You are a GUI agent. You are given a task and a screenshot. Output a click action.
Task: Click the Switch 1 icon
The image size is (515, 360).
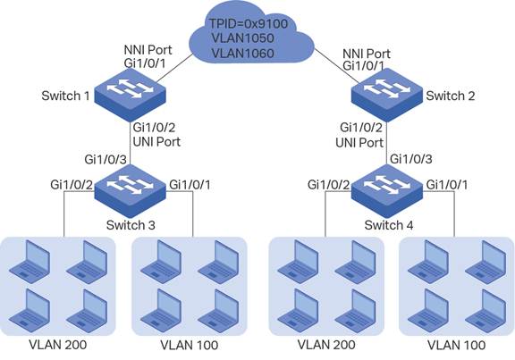(130, 95)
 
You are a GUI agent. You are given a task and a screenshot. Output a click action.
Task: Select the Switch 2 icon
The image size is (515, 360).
(387, 95)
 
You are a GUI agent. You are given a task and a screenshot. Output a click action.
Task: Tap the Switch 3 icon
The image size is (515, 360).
(130, 191)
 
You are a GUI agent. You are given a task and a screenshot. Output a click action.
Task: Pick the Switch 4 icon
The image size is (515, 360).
(387, 191)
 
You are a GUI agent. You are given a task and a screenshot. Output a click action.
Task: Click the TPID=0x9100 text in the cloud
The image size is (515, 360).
(249, 23)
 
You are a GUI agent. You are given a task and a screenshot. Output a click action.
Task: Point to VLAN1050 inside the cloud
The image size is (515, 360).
(242, 38)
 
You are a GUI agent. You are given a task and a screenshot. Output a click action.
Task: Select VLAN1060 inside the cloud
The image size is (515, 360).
(242, 54)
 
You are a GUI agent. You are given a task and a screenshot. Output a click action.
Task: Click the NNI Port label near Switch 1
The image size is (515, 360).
(148, 50)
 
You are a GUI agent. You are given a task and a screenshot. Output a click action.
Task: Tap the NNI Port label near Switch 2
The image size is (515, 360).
(367, 54)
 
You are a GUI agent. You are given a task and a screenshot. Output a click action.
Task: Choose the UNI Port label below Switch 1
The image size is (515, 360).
(156, 142)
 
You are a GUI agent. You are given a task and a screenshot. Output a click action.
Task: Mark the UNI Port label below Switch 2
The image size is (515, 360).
(359, 143)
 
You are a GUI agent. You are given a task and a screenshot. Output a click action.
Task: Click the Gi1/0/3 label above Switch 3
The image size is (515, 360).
(106, 160)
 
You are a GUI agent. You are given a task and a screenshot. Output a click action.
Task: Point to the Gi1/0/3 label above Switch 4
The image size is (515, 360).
(411, 159)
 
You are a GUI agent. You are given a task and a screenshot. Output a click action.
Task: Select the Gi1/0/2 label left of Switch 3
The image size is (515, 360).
(72, 185)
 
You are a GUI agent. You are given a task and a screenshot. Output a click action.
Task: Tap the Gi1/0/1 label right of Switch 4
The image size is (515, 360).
(447, 185)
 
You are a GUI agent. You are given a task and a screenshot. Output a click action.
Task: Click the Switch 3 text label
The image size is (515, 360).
(131, 225)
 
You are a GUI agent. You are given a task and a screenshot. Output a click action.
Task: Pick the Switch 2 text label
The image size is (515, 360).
(451, 96)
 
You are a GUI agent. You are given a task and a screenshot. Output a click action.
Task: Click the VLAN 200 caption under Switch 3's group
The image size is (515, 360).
(58, 345)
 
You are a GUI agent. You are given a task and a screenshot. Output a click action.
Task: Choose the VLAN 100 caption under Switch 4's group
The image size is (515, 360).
(456, 345)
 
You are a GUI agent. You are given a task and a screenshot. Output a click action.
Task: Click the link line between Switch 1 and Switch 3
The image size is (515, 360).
(130, 143)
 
